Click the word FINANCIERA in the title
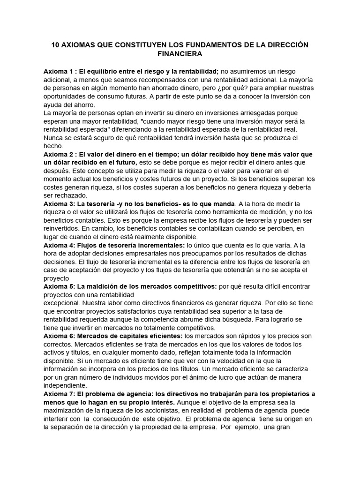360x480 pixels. point(180,54)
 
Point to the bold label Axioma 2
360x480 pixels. point(58,154)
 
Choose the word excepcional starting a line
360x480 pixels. point(63,303)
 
